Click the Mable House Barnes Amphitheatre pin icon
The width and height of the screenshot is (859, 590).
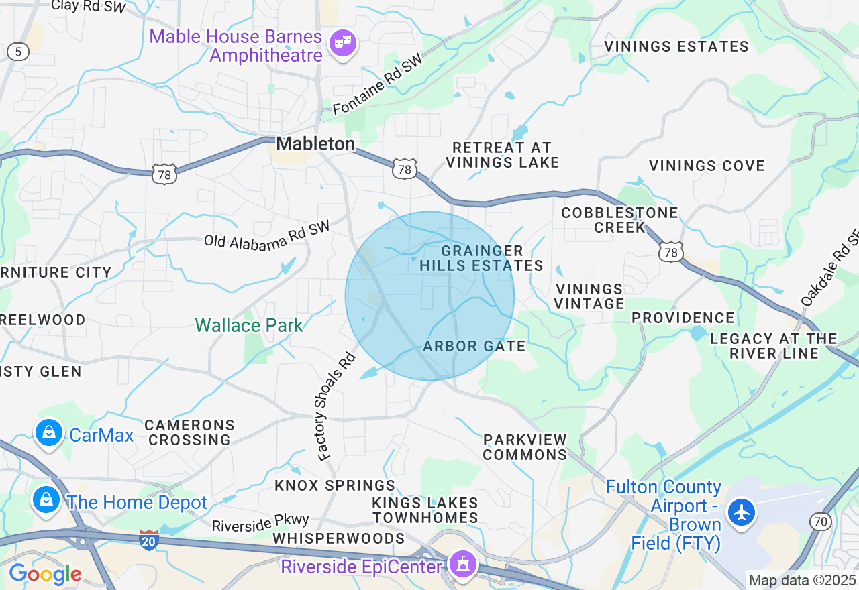[x=343, y=44]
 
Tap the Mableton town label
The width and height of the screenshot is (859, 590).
[x=315, y=143]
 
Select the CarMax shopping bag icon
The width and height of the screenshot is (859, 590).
[x=49, y=432]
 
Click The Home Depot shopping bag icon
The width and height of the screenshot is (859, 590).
[x=46, y=499]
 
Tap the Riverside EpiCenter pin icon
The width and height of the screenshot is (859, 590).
[x=462, y=564]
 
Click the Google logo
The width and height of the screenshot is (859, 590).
[x=44, y=574]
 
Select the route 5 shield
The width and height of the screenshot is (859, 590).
[x=18, y=51]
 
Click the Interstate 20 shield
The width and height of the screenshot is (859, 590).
[x=149, y=540]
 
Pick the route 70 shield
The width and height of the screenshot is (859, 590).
[x=819, y=521]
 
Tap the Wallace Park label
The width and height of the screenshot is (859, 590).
[x=249, y=326]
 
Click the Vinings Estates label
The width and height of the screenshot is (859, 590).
[x=676, y=46]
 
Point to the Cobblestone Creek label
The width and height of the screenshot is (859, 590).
[x=620, y=219]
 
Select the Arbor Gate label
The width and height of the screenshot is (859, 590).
[x=474, y=347]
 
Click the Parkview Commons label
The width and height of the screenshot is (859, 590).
[x=525, y=447]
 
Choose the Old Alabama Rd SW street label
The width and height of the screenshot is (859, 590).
[x=267, y=233]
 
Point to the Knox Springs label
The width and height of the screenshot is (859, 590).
[x=335, y=485]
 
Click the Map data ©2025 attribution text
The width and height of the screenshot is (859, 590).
[x=802, y=580]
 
